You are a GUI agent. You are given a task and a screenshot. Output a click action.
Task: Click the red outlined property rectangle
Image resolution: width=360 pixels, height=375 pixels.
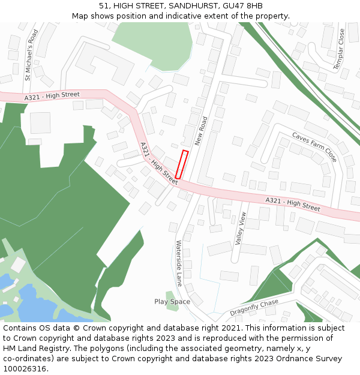click(182, 164)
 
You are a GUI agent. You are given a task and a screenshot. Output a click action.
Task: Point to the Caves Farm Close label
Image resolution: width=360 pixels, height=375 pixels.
click(314, 147)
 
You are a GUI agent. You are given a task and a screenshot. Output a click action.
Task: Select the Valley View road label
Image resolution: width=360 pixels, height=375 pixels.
click(241, 229)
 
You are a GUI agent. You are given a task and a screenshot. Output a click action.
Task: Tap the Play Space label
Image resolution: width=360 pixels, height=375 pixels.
click(172, 302)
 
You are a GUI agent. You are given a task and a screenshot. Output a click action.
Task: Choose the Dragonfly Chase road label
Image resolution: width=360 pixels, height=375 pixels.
click(254, 308)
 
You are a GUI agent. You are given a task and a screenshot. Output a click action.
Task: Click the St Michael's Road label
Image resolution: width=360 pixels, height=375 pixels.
click(31, 55)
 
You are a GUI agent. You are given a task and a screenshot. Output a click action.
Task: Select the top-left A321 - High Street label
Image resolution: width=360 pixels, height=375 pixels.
click(52, 96)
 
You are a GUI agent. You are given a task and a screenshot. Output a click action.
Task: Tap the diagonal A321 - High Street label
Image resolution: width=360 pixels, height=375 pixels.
click(159, 162)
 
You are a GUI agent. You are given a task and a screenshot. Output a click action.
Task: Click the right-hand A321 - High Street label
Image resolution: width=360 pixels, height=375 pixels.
click(292, 204)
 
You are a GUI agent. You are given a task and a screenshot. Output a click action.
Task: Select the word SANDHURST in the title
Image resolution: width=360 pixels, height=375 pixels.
click(194, 6)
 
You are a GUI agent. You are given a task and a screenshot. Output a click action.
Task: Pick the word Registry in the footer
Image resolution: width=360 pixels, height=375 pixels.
click(62, 349)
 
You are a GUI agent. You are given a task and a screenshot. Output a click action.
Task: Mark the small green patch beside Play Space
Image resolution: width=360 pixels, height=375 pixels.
click(172, 296)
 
